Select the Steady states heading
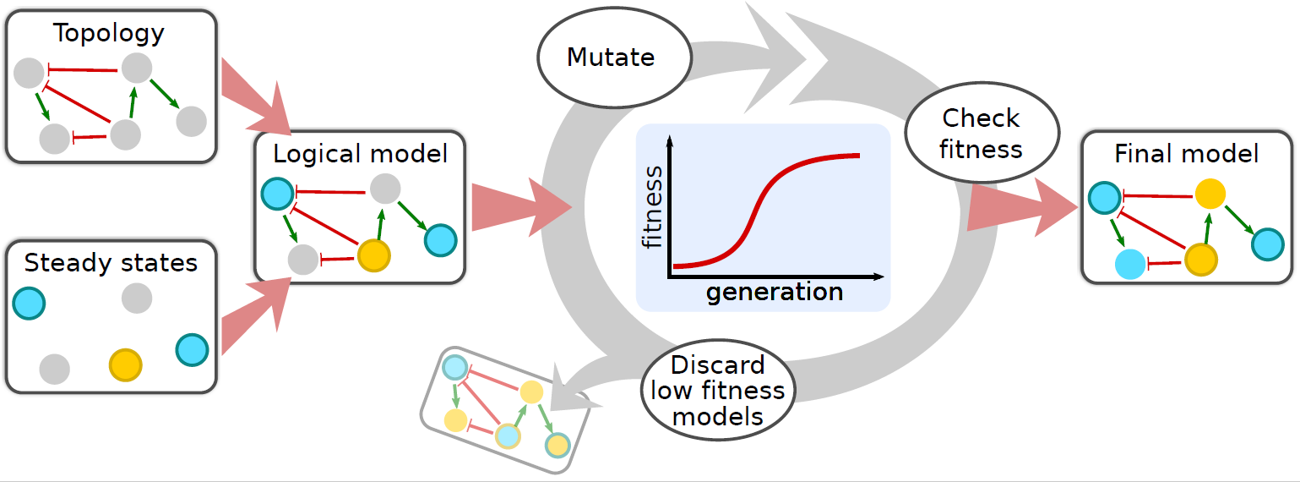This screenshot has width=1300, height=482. pos(111,263)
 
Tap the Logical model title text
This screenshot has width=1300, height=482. pos(361,155)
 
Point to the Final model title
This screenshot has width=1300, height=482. pos(1186,154)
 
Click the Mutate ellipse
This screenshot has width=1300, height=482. pos(615,58)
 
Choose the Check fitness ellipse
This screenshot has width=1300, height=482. pos(982,133)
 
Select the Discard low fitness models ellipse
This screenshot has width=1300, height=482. pos(718,390)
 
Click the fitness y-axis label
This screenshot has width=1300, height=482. pos(652,207)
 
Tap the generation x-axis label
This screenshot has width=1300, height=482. pos(775,292)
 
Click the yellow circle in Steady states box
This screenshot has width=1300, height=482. pos(125,365)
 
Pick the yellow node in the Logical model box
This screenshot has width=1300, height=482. pos(373,255)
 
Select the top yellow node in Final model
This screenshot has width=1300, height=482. pos(1210,194)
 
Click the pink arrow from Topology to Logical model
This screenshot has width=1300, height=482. pos(255,97)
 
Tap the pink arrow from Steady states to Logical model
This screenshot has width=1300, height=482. pos(255,315)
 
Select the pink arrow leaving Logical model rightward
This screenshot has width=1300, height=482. pos(521,207)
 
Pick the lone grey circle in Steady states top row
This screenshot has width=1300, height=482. pos(137,299)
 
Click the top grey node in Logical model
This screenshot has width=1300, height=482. pos(385,189)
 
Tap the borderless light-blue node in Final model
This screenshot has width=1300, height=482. pos(1130,264)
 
